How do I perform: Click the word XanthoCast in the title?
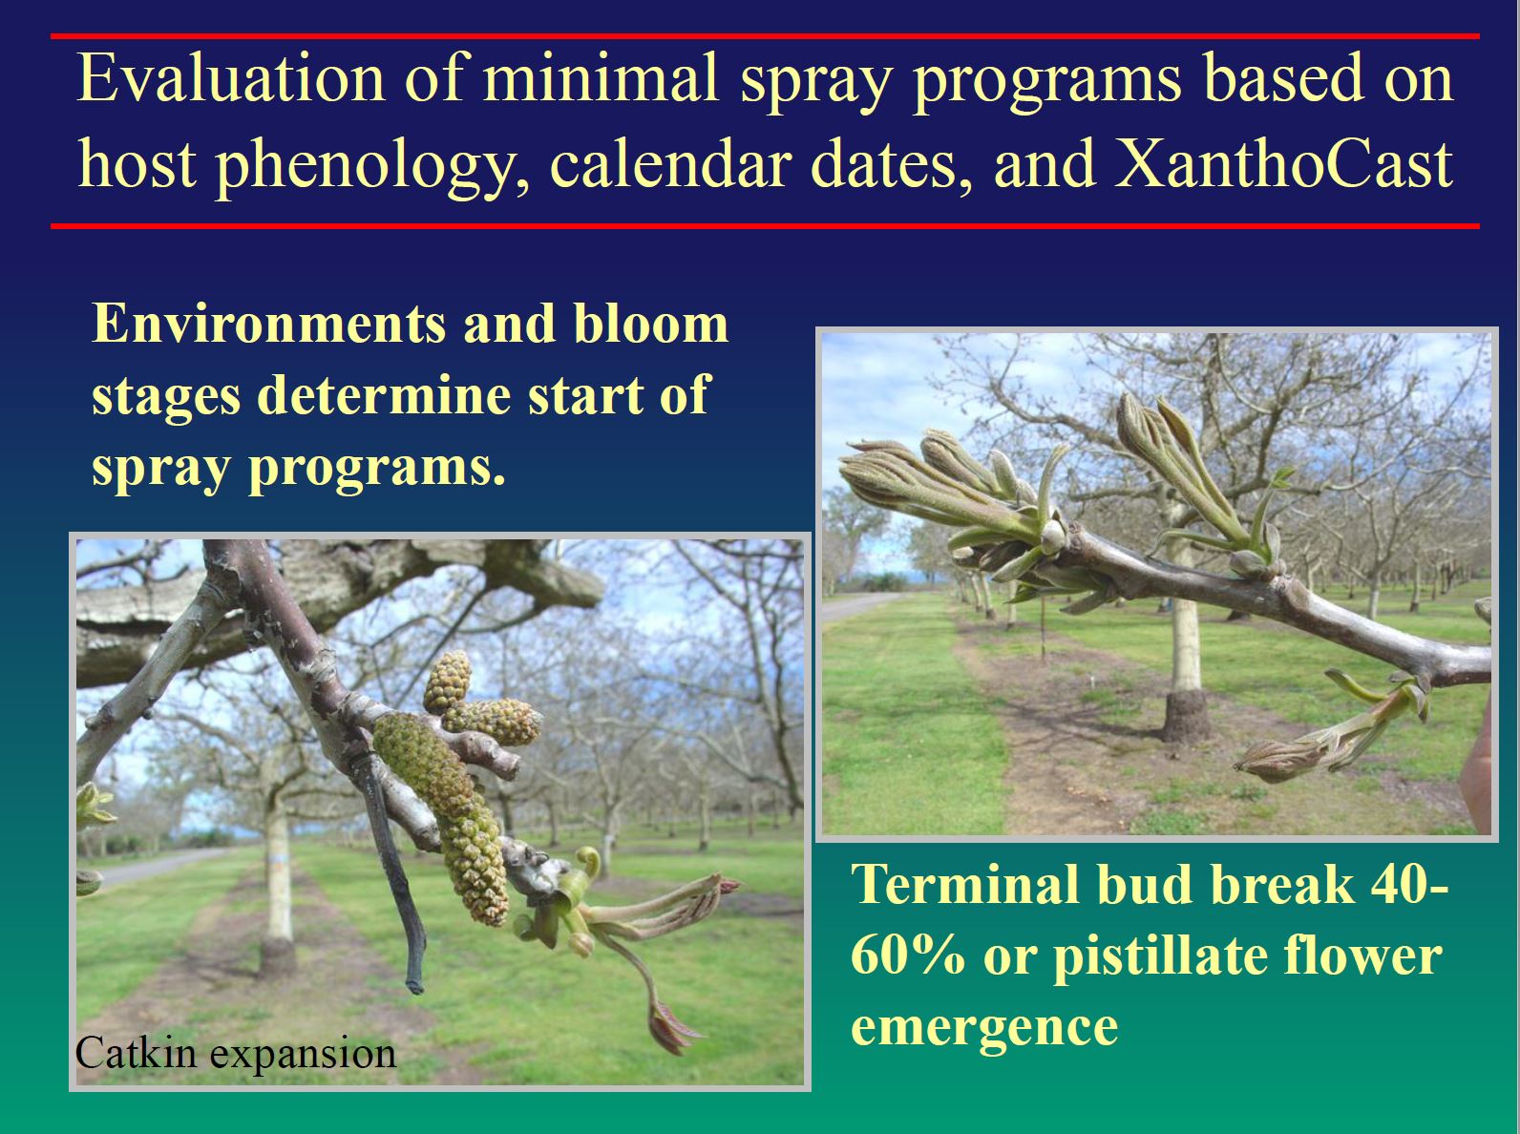click(x=1283, y=164)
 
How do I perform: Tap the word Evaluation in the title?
click(x=231, y=77)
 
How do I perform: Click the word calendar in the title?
click(x=671, y=164)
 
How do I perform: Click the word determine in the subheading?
click(x=385, y=394)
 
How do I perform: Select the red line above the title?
click(x=765, y=36)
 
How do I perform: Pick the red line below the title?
click(x=765, y=225)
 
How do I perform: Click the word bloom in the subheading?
click(x=651, y=324)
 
